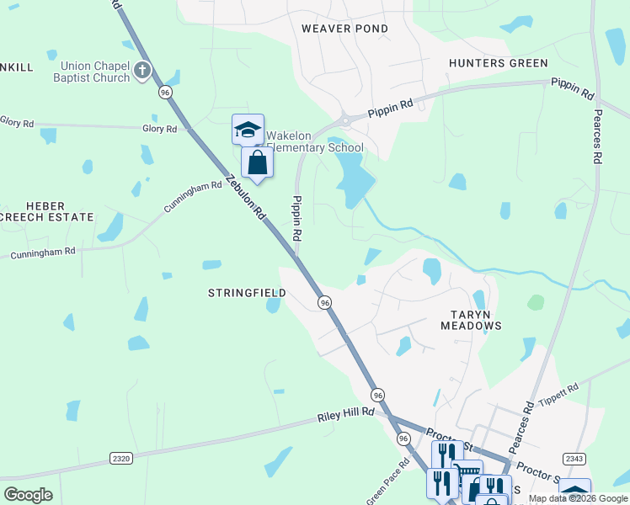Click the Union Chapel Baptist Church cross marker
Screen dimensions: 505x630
pos(142,70)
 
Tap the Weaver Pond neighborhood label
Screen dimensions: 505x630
pos(344,29)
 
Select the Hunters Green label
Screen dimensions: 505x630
pos(498,63)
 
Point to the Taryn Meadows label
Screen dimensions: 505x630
pos(471,318)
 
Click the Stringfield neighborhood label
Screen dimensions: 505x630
pos(247,293)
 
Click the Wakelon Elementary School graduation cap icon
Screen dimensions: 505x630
pos(248,130)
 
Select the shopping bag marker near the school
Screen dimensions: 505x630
pos(257,162)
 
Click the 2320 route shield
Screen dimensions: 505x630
pos(121,458)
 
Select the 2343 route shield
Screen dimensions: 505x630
pos(574,458)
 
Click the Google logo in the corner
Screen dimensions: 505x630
pos(28,495)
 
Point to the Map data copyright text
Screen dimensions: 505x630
pos(578,499)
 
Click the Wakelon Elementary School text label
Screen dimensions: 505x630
pos(314,141)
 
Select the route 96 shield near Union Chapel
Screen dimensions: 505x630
pos(165,92)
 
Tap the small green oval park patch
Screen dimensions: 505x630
pos(536,301)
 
